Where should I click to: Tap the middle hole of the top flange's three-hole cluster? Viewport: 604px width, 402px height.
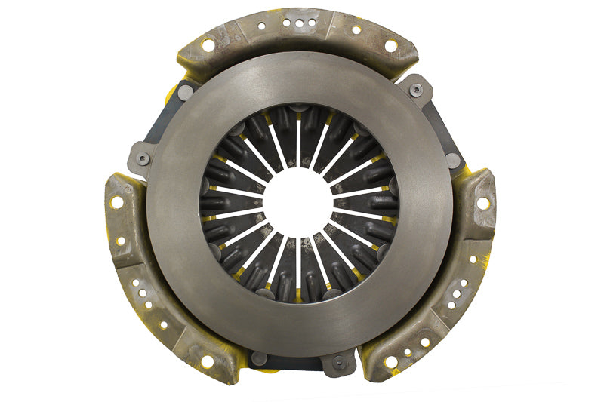coord(300,23)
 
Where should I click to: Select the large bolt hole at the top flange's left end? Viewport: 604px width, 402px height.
coord(208,45)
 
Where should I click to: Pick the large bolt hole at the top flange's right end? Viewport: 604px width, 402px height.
coord(390,45)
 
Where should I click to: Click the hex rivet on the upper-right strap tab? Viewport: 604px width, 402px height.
coord(416,90)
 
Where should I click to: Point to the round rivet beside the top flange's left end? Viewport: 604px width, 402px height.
coord(185,92)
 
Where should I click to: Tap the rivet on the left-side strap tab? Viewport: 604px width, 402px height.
coord(142,159)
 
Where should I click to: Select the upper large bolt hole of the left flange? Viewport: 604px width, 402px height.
coord(116,202)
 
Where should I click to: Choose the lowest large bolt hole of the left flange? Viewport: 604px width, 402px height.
coord(207,361)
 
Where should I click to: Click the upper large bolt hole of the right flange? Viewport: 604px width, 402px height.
coord(482,202)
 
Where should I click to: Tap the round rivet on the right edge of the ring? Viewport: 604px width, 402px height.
coord(452,160)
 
